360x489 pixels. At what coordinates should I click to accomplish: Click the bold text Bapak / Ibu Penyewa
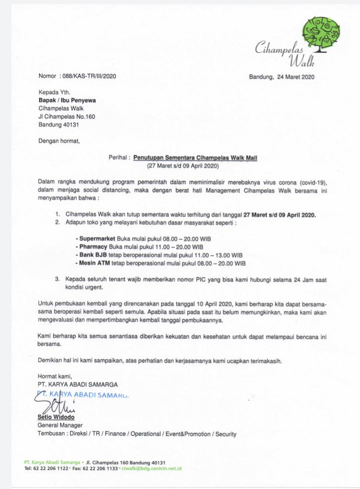pyautogui.click(x=67, y=100)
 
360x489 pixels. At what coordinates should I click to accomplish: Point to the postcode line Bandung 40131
pyautogui.click(x=59, y=124)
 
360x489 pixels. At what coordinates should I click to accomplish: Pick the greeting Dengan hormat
pyautogui.click(x=59, y=141)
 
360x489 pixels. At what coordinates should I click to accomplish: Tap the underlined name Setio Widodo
pyautogui.click(x=56, y=417)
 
